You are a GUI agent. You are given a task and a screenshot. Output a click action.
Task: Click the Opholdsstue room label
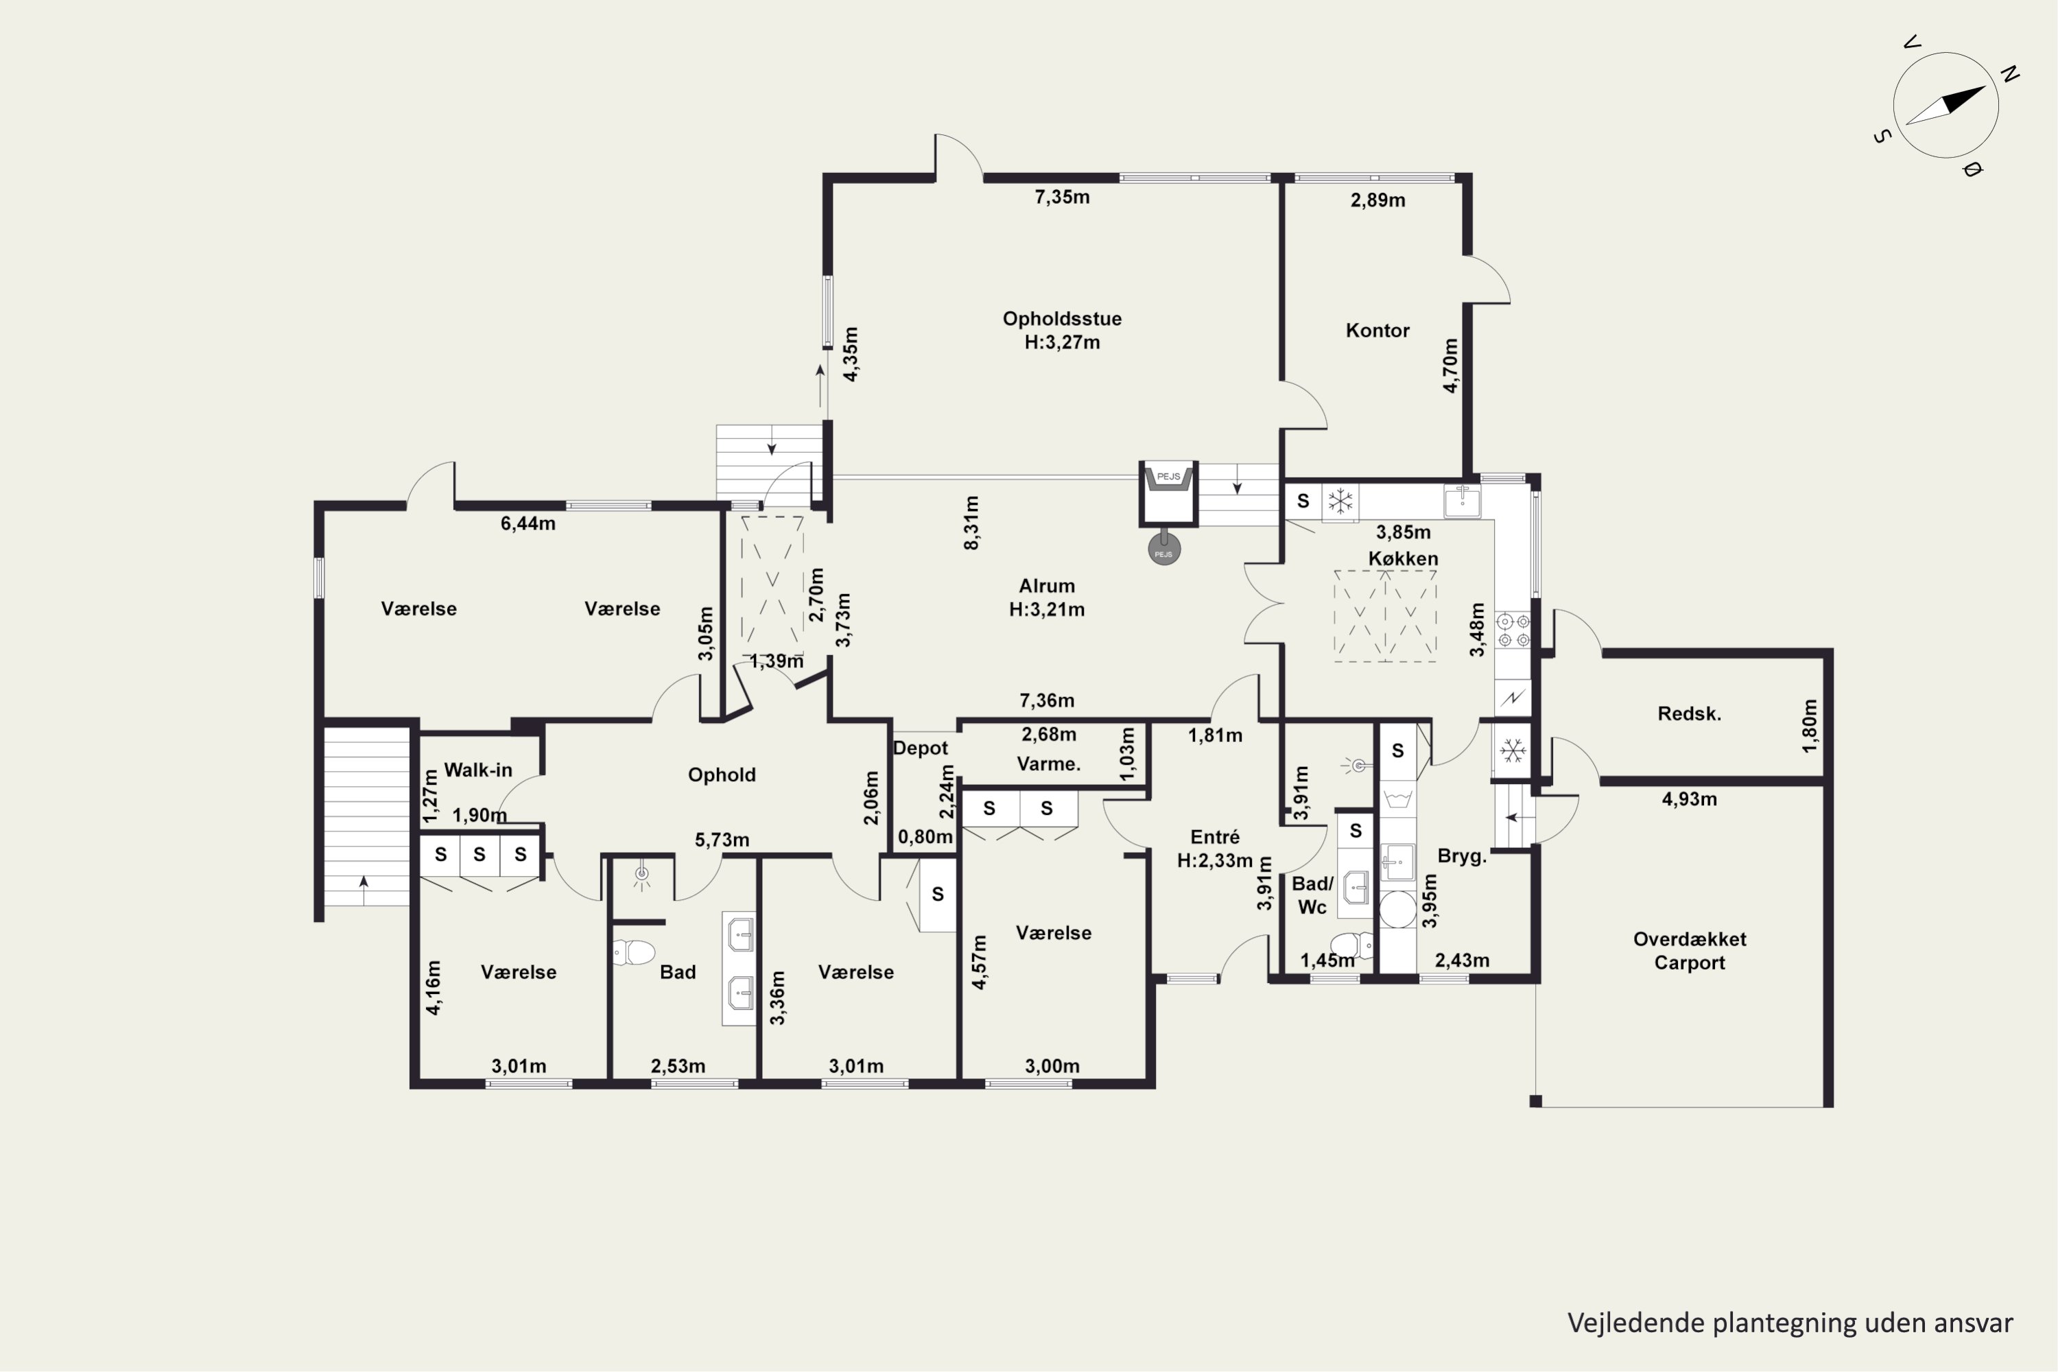click(x=1062, y=318)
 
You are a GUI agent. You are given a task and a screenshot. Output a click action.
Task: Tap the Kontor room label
click(x=1377, y=331)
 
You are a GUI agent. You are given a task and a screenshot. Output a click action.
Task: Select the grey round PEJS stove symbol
click(x=1163, y=549)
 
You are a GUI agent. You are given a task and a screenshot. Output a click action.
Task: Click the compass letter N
click(x=2010, y=75)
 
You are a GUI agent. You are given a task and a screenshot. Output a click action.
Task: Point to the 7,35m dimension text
click(x=1062, y=197)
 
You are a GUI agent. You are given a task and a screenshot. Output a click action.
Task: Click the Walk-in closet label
click(x=477, y=770)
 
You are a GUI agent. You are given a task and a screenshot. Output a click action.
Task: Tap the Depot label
click(x=921, y=748)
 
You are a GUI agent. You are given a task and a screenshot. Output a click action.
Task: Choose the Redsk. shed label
click(x=1689, y=714)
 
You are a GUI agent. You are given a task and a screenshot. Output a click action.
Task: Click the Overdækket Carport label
click(x=1690, y=951)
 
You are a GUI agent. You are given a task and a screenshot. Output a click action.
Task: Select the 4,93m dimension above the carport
click(x=1689, y=799)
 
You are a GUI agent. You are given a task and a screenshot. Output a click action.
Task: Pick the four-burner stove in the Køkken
click(x=1513, y=631)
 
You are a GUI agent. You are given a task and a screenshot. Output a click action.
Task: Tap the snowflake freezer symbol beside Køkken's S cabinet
click(x=1340, y=501)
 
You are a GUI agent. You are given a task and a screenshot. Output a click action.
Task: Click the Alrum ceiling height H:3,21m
click(x=1047, y=610)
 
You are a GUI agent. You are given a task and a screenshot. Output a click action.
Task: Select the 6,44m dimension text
click(x=528, y=523)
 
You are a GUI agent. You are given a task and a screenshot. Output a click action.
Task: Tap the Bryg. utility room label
click(x=1462, y=857)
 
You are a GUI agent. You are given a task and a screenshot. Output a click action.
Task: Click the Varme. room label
click(x=1048, y=764)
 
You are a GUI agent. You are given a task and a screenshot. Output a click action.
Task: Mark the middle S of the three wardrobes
click(x=480, y=855)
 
